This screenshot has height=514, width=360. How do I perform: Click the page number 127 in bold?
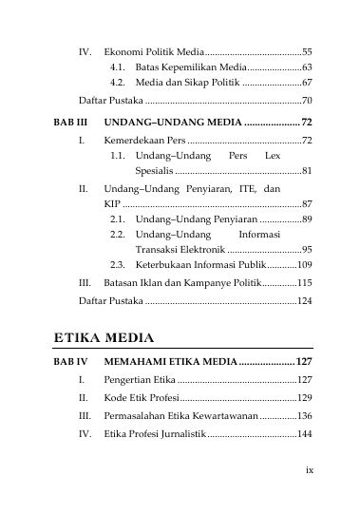[x=304, y=362]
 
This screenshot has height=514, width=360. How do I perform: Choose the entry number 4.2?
[x=119, y=84]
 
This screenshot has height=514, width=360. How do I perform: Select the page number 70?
[x=307, y=100]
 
